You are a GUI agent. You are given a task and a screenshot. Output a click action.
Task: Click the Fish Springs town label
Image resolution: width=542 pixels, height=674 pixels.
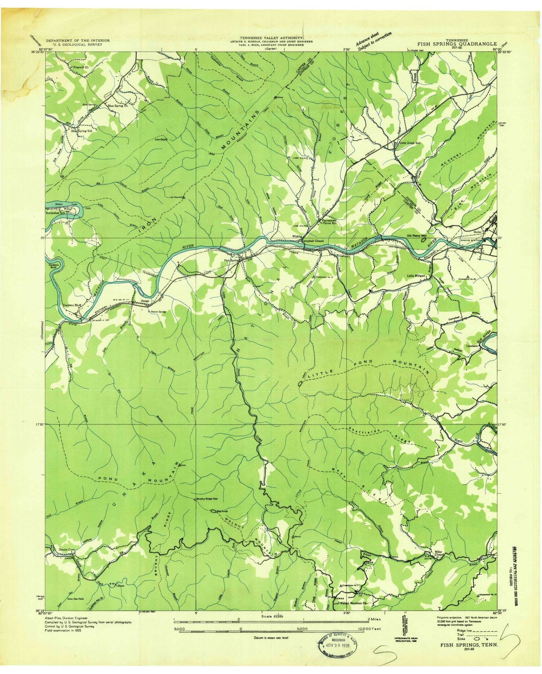pyautogui.click(x=232, y=260)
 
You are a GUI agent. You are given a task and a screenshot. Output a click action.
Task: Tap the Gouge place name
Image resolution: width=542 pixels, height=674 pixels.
pyautogui.click(x=145, y=301)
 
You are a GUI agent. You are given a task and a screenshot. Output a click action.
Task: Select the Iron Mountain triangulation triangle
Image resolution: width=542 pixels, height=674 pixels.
pyautogui.click(x=184, y=197)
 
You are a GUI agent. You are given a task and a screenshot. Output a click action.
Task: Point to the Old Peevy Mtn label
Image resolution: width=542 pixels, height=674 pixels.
pyautogui.click(x=417, y=236)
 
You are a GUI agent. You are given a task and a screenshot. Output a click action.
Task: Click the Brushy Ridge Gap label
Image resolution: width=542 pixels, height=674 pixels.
pyautogui.click(x=207, y=499)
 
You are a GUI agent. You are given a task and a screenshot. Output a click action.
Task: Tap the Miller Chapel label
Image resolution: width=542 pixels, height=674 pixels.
pyautogui.click(x=439, y=554)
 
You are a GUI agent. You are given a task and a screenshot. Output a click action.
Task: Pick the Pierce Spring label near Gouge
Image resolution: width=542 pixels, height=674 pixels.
pyautogui.click(x=158, y=311)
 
